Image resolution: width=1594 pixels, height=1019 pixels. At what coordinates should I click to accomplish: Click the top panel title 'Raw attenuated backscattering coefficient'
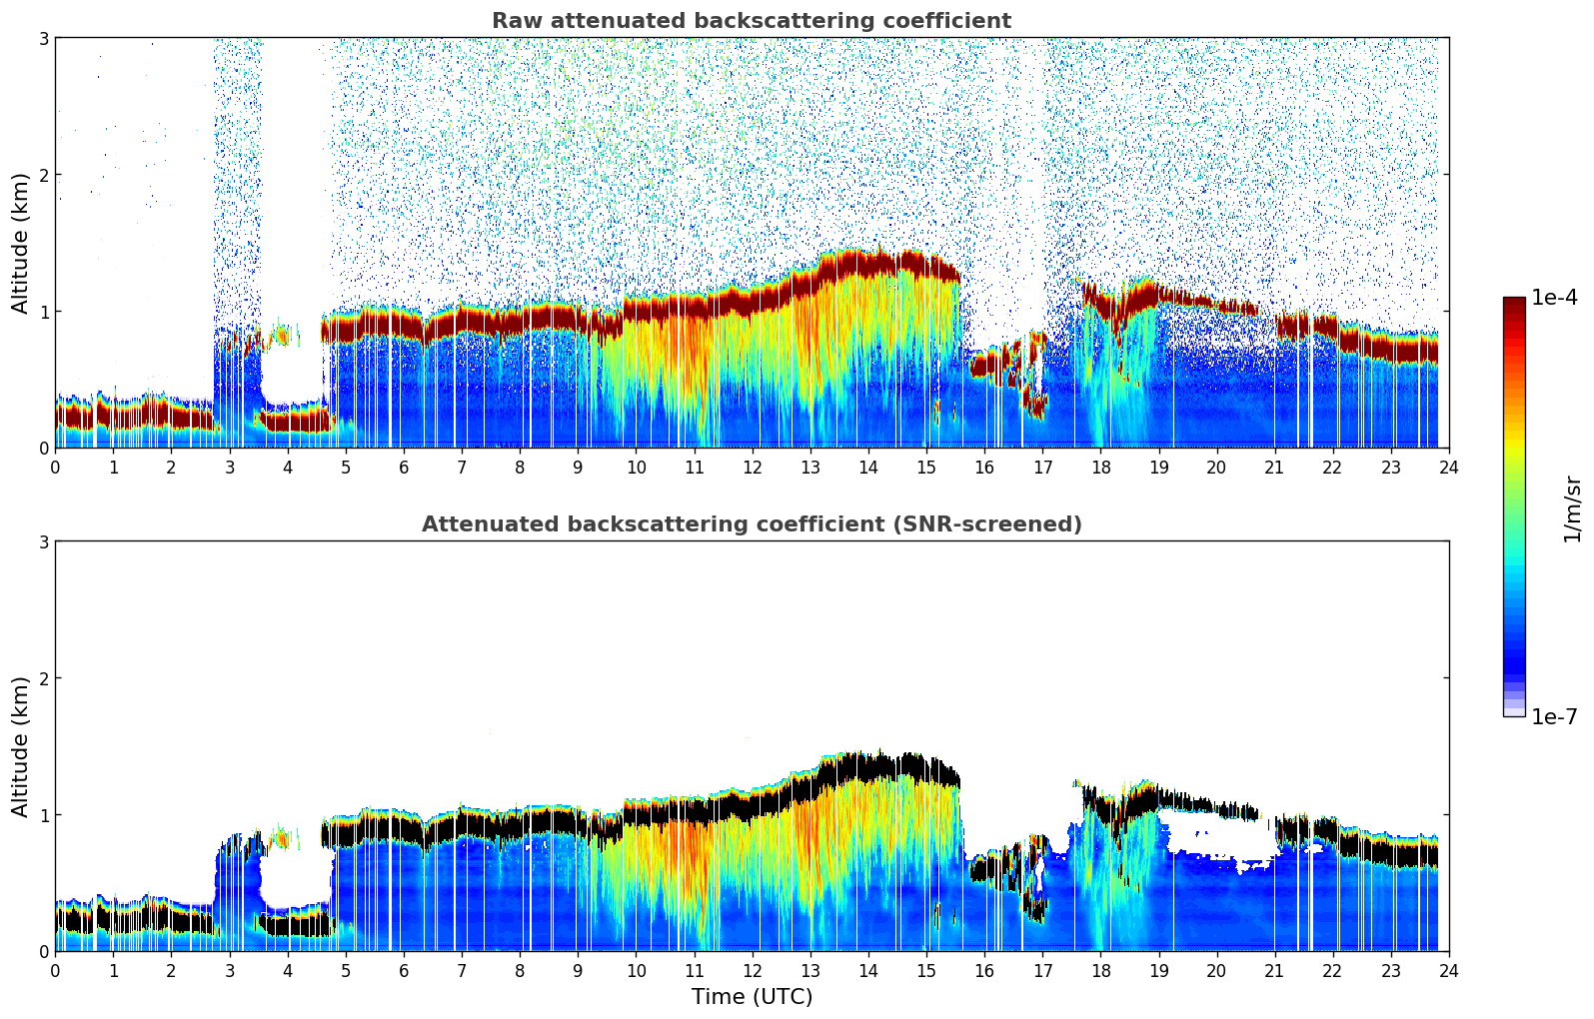751,21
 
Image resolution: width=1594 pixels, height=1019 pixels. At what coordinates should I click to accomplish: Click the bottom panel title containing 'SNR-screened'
751,524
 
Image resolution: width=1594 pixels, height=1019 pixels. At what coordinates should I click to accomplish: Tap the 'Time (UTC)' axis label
752,996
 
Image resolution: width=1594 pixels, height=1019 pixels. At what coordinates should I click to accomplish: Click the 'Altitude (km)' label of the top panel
20,243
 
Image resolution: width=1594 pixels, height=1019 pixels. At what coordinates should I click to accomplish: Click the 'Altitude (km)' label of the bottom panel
20,746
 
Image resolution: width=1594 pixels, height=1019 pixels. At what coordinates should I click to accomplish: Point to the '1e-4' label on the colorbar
1554,298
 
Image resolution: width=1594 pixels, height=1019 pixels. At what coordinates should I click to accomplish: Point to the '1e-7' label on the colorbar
1554,716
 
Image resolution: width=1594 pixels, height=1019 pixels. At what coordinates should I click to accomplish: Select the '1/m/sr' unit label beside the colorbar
1572,509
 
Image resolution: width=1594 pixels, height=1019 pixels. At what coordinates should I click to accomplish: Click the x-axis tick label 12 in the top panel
752,467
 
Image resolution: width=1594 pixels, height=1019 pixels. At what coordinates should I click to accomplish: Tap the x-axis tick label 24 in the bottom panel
1448,970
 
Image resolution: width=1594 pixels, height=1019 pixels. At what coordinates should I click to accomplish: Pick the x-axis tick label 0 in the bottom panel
55,970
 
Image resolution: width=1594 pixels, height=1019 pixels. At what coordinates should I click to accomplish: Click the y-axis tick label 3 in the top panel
43,38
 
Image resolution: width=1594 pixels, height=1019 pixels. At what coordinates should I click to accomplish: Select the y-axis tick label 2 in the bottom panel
43,678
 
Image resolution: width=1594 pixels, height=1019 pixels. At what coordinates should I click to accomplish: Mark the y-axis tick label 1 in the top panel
43,312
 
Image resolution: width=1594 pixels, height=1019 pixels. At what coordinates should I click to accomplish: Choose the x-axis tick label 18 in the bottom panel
1100,970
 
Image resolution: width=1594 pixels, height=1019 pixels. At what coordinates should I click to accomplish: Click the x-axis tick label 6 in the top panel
404,467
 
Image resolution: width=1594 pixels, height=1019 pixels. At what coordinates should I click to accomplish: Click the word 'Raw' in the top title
515,21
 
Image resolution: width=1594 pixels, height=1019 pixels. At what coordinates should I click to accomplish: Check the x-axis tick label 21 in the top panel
1274,467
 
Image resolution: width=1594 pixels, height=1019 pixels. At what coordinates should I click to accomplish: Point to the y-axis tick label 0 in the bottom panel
43,951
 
